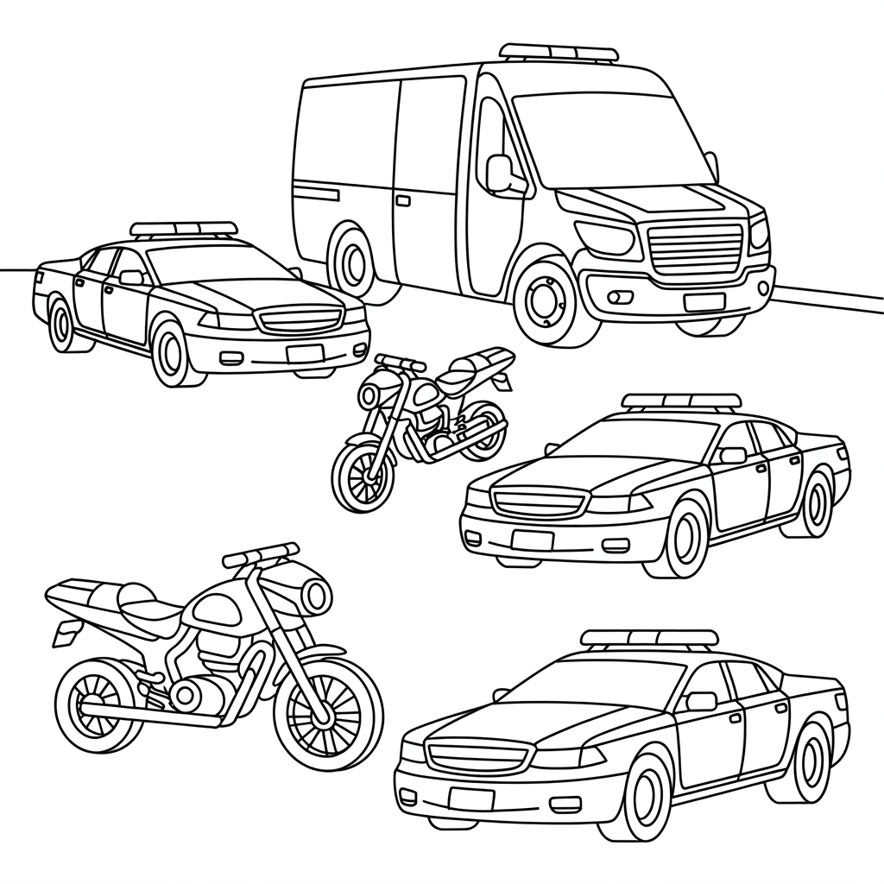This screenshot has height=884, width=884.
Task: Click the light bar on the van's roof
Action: click(559, 53)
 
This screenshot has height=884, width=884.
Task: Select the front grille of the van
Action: click(696, 247)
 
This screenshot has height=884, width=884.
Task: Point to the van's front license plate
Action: click(704, 302)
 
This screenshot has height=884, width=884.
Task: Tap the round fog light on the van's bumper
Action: click(615, 297)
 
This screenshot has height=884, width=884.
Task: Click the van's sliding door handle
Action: click(403, 200)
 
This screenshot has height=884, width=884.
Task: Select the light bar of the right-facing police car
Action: click(183, 229)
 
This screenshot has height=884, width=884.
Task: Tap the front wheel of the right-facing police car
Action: click(171, 354)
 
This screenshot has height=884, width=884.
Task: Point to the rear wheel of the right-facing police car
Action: click(61, 324)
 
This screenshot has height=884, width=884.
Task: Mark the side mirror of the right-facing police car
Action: click(131, 277)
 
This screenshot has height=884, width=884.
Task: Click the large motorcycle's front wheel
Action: click(327, 712)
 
